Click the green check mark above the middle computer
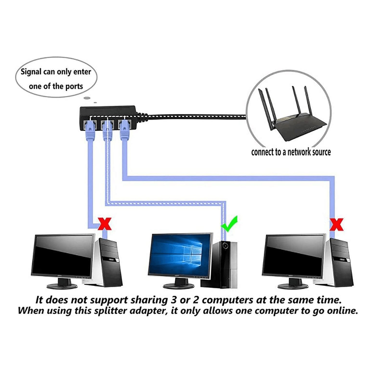pyautogui.click(x=229, y=224)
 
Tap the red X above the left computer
pyautogui.click(x=105, y=224)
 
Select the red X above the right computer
pyautogui.click(x=336, y=224)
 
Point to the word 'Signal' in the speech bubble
pyautogui.click(x=31, y=72)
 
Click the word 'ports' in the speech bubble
pyautogui.click(x=74, y=87)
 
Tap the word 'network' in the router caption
pyautogui.click(x=299, y=152)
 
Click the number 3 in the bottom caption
pyautogui.click(x=174, y=300)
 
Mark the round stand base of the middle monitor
pyautogui.click(x=179, y=286)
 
